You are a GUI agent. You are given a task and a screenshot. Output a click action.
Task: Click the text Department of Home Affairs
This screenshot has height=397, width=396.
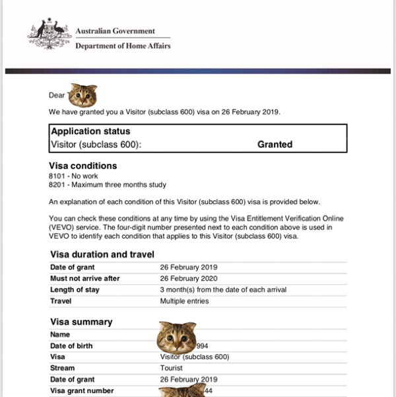(x=123, y=46)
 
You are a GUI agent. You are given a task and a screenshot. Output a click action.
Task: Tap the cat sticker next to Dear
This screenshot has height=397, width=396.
(x=83, y=96)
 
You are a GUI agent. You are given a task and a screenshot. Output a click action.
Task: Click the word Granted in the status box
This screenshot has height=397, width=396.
(x=275, y=144)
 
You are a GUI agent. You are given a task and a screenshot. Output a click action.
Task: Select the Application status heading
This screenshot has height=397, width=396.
(x=90, y=131)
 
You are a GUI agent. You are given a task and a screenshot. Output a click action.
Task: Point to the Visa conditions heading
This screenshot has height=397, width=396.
(x=83, y=166)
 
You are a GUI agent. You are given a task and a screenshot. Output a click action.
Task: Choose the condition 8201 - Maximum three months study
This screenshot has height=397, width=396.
(x=108, y=186)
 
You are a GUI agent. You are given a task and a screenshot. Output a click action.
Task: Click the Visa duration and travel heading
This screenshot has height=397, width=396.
(x=102, y=254)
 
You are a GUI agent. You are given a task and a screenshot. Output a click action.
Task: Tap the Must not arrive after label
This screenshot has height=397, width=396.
(x=85, y=278)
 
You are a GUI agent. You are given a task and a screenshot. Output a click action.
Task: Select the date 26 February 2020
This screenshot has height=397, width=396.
(x=189, y=278)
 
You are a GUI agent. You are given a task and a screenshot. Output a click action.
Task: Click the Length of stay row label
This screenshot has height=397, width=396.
(x=76, y=289)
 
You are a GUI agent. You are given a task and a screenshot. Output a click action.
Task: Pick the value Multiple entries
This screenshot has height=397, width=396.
(x=184, y=301)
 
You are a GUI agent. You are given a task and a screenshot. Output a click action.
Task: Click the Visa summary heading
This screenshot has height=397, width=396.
(x=81, y=322)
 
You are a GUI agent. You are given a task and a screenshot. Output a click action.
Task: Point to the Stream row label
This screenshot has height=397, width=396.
(x=63, y=368)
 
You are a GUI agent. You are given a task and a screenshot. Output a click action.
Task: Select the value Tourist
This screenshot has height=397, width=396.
(x=172, y=368)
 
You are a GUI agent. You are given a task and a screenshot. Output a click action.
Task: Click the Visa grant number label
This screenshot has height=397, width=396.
(x=81, y=390)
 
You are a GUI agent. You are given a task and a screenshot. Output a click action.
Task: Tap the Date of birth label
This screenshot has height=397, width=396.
(x=71, y=345)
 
